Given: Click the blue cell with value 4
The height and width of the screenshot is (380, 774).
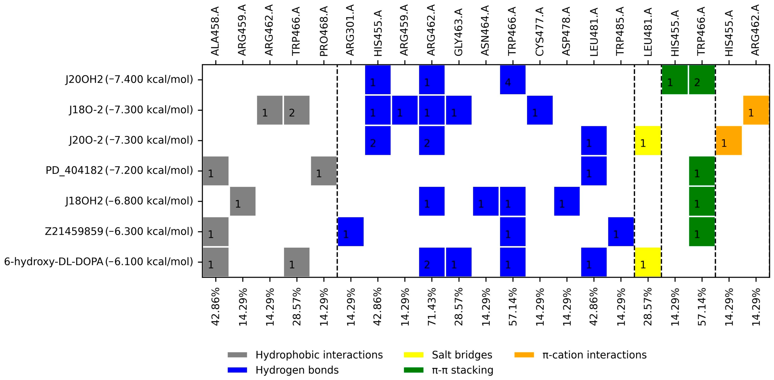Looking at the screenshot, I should [x=513, y=80].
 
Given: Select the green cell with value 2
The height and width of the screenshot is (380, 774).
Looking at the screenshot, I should [x=702, y=80].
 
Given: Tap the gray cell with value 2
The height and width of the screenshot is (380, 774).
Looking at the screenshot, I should [x=297, y=110].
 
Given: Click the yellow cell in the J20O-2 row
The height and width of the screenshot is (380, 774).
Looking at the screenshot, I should [x=648, y=140].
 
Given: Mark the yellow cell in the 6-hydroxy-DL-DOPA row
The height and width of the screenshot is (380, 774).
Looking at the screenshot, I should [x=648, y=262].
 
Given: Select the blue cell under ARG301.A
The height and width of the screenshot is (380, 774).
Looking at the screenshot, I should [x=351, y=232].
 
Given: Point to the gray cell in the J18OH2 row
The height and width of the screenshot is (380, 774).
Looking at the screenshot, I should [x=243, y=201].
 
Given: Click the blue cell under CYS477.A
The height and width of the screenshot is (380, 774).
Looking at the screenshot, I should [x=540, y=110].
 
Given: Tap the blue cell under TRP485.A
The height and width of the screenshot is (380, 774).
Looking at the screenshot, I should [x=621, y=232].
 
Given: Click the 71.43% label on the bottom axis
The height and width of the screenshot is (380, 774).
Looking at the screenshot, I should [x=432, y=307].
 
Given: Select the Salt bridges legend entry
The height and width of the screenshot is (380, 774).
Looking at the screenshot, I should [x=462, y=355].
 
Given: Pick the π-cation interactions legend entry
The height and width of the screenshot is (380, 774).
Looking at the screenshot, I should [x=594, y=355].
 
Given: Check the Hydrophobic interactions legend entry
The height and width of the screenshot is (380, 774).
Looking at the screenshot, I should [x=319, y=355].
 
